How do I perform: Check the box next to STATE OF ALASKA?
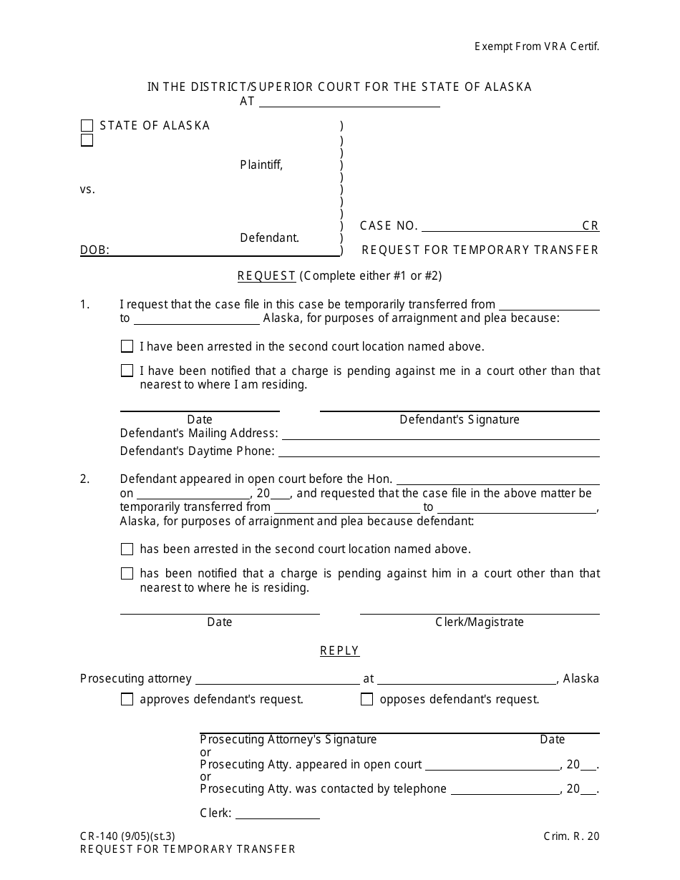coord(87,126)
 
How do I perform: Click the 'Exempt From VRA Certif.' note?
coord(536,47)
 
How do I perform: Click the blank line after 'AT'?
coord(349,102)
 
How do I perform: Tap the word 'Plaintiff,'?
coord(261,165)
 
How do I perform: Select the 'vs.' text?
coord(87,190)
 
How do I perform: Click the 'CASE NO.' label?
coord(389,225)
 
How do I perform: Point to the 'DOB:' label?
coord(94,250)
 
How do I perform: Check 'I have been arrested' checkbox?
coord(127,346)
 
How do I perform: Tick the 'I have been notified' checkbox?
coord(127,371)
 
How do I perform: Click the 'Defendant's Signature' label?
coord(459,419)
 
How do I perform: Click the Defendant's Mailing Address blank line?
coord(440,434)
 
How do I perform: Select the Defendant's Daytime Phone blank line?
coord(438,451)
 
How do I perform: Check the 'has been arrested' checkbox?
coord(127,549)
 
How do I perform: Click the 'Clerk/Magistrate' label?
coord(479,622)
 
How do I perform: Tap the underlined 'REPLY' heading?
coord(339,650)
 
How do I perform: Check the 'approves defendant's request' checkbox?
coord(127,700)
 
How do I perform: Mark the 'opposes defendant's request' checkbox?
coord(367,700)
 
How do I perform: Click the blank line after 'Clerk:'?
coord(277,813)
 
